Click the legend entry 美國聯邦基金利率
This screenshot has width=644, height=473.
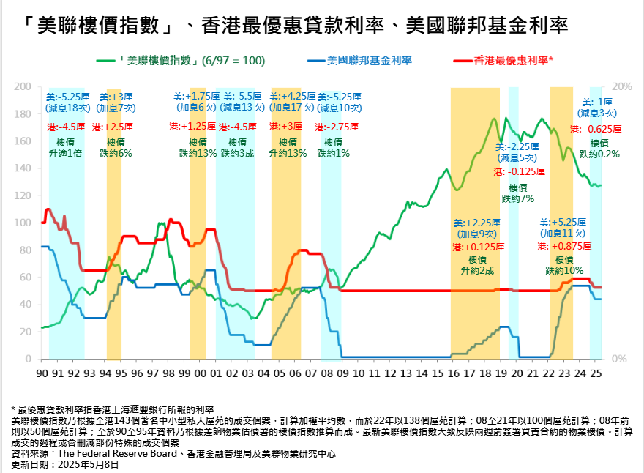click(x=369, y=60)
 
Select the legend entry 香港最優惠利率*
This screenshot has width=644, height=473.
click(x=513, y=60)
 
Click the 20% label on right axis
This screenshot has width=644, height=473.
click(x=621, y=86)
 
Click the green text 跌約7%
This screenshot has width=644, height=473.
click(x=518, y=198)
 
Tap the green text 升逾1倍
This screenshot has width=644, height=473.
click(x=66, y=154)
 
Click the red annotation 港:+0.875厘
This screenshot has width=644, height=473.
click(x=563, y=247)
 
